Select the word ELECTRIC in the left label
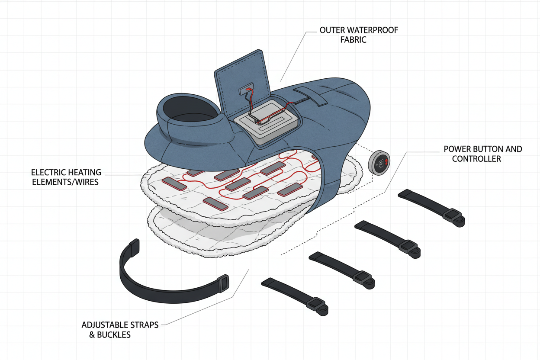coord(47,173)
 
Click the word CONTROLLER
coord(476,159)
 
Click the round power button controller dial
coord(379,164)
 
